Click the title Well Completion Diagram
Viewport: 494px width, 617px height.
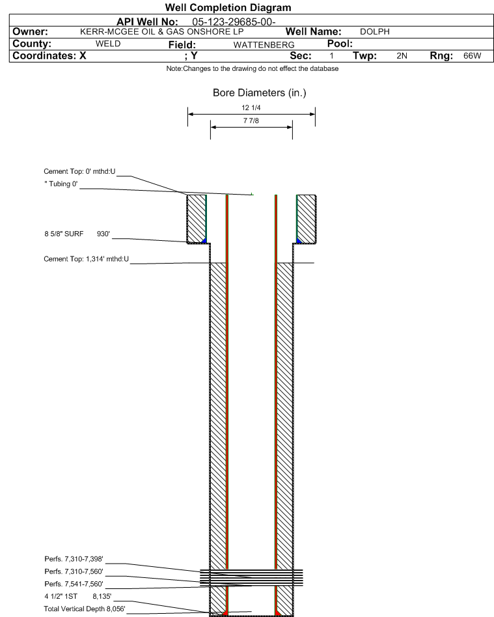click(x=228, y=7)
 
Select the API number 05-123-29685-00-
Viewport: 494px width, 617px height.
click(x=234, y=22)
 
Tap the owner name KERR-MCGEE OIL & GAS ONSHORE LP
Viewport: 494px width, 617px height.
click(x=162, y=32)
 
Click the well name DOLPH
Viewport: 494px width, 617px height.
click(x=375, y=32)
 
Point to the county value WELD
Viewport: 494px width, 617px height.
click(x=108, y=44)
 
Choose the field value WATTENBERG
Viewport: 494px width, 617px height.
click(x=264, y=45)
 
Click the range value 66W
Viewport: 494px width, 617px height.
click(x=473, y=56)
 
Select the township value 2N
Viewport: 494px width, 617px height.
click(x=402, y=56)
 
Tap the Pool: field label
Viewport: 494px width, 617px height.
click(x=340, y=44)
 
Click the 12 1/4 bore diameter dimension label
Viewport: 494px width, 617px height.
click(x=251, y=108)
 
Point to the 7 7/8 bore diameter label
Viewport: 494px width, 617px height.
click(x=251, y=121)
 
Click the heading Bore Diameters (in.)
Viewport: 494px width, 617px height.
click(x=260, y=93)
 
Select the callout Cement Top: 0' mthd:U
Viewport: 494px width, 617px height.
click(x=79, y=172)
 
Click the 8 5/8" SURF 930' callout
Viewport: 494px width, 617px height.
click(x=77, y=234)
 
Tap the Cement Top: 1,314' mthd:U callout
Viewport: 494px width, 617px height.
click(x=86, y=259)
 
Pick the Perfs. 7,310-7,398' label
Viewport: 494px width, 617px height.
click(x=74, y=559)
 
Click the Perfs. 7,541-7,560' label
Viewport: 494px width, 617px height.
click(x=74, y=584)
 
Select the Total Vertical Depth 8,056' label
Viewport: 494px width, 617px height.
click(x=85, y=609)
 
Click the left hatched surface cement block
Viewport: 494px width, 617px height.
click(x=197, y=219)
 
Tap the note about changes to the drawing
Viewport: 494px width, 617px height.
click(x=253, y=68)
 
